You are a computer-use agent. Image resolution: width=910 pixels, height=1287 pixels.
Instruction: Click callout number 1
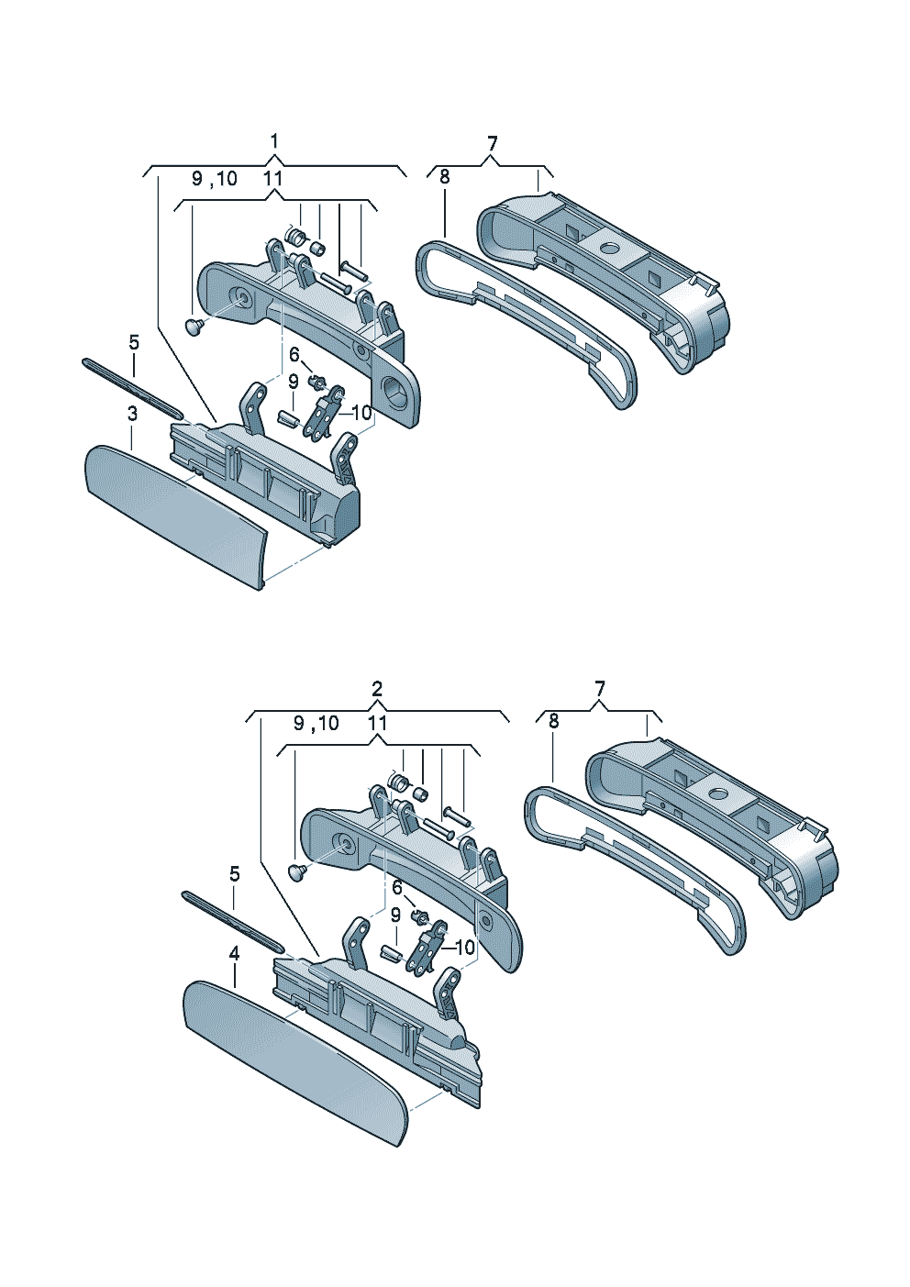(274, 140)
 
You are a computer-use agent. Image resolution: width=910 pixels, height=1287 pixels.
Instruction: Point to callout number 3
(132, 413)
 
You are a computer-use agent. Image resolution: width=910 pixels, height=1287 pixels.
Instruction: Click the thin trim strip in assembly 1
(133, 388)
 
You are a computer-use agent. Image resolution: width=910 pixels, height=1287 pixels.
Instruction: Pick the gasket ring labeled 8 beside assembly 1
(526, 325)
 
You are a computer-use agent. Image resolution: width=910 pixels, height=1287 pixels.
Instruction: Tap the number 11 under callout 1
(272, 178)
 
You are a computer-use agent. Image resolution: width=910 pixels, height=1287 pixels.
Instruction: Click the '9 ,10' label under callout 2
(316, 724)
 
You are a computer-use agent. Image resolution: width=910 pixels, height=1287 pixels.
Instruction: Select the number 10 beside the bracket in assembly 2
(465, 947)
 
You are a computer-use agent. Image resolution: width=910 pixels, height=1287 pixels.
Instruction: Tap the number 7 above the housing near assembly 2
(599, 688)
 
